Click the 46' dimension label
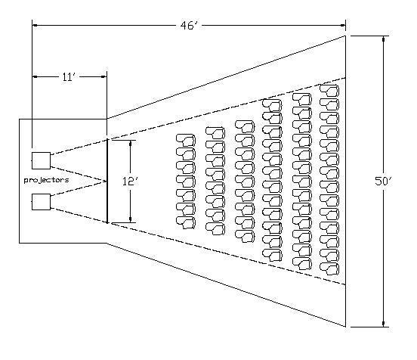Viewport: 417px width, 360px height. point(189,26)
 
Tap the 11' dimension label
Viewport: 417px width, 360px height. point(69,77)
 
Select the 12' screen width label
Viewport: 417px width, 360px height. point(130,182)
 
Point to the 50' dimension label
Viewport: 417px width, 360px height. point(383,181)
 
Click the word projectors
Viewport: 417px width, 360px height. point(47,180)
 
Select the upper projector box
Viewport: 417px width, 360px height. point(42,160)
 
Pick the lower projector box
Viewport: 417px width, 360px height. point(42,202)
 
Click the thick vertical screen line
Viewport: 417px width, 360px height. point(107,181)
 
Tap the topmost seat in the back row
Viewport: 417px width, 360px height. point(329,90)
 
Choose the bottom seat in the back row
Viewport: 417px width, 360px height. point(329,268)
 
